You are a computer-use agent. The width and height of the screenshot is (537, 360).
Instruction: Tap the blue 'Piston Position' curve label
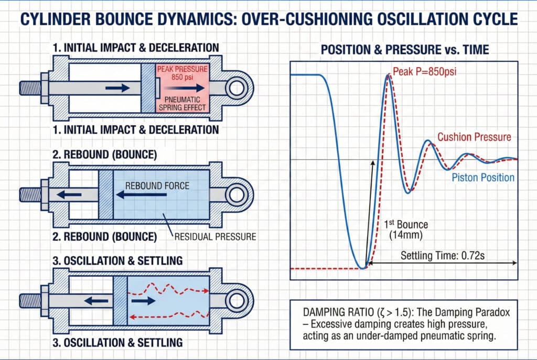483,178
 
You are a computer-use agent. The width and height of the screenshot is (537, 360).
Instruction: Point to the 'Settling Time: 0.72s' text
438,256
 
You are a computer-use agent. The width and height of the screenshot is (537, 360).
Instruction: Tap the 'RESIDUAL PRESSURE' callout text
214,237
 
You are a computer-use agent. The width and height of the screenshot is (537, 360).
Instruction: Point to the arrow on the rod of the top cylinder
116,88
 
